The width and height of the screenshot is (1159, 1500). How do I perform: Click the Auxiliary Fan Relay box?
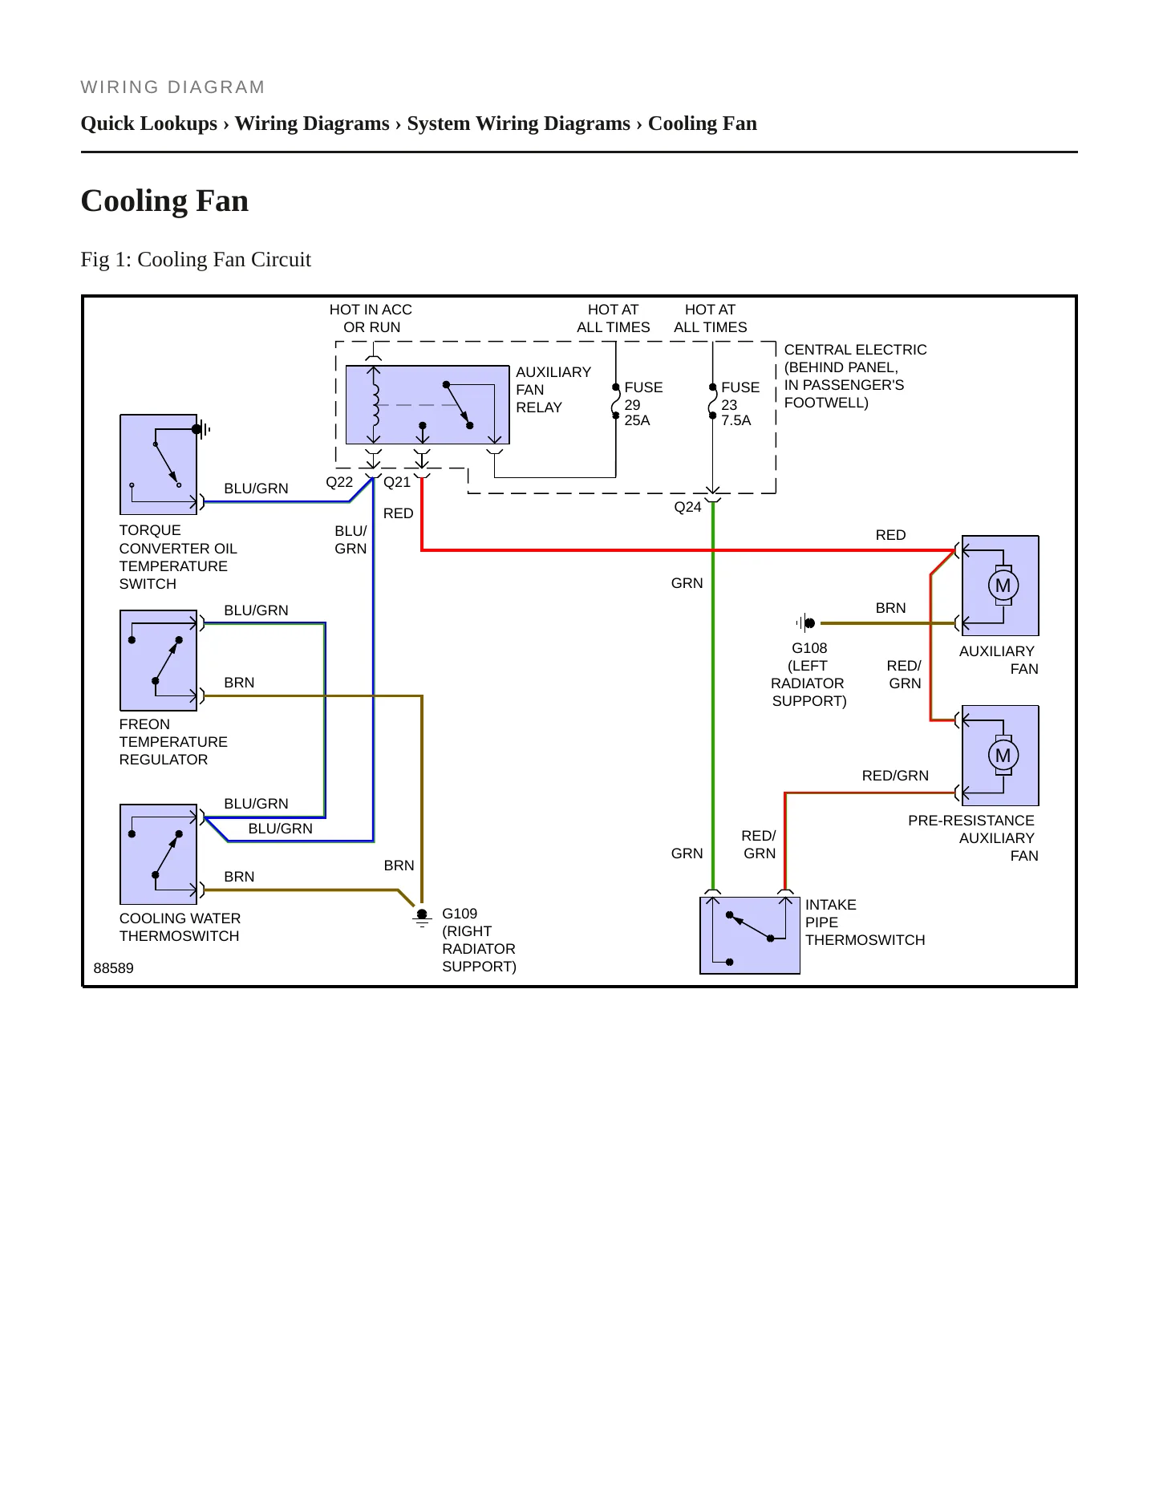pyautogui.click(x=428, y=405)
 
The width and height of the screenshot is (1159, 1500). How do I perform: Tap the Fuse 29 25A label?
pyautogui.click(x=643, y=403)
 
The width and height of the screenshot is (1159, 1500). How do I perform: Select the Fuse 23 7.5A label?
pyautogui.click(x=740, y=403)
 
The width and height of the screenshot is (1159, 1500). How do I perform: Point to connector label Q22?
pyautogui.click(x=339, y=482)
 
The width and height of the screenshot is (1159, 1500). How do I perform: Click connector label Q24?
pyautogui.click(x=687, y=507)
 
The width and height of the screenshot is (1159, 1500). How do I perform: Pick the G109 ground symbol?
pyautogui.click(x=422, y=918)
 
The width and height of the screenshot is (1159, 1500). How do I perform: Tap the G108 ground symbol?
pyautogui.click(x=806, y=622)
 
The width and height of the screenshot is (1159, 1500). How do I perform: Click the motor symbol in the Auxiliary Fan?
pyautogui.click(x=1003, y=586)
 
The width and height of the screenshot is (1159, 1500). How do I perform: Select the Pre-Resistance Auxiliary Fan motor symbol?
pyautogui.click(x=1003, y=756)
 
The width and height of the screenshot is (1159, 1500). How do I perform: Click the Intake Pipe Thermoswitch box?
pyautogui.click(x=750, y=935)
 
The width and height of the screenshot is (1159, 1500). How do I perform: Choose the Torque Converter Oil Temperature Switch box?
pyautogui.click(x=158, y=464)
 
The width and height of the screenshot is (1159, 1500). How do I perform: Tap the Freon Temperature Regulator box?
pyautogui.click(x=158, y=660)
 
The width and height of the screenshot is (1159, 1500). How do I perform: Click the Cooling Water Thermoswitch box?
pyautogui.click(x=158, y=854)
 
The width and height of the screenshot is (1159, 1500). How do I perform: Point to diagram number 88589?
pyautogui.click(x=114, y=968)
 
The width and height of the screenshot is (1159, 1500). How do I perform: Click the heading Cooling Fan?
pyautogui.click(x=164, y=201)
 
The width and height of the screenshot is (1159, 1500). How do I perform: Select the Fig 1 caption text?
pyautogui.click(x=196, y=259)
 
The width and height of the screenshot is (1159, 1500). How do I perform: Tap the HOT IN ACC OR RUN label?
pyautogui.click(x=371, y=318)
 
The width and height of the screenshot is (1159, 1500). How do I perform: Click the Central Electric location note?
pyautogui.click(x=855, y=376)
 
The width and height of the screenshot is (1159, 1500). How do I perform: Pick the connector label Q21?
pyautogui.click(x=397, y=482)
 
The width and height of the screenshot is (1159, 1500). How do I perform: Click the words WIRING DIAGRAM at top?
pyautogui.click(x=172, y=87)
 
